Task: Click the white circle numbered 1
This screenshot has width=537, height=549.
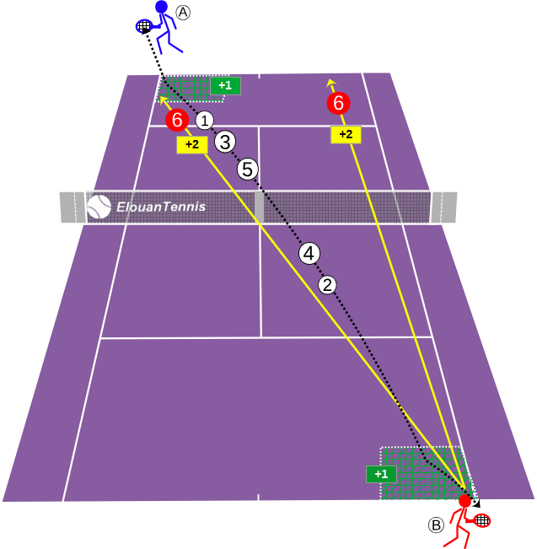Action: (205, 121)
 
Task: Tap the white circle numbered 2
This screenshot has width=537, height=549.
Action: (327, 285)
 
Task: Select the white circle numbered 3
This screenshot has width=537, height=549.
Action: (225, 143)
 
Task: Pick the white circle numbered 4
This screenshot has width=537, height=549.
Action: (309, 254)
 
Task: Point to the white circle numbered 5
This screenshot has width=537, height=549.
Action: (248, 170)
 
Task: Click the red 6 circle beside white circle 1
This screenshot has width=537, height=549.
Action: (177, 120)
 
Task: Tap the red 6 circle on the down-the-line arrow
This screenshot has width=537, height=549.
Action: (339, 103)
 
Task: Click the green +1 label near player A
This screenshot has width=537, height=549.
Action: (225, 86)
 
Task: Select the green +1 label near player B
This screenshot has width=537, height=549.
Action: (382, 474)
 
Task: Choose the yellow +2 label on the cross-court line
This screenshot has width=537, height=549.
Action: (192, 144)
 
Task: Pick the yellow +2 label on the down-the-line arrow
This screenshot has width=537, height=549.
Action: (346, 134)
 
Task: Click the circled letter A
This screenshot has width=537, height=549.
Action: (183, 13)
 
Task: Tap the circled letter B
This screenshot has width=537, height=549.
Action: (436, 525)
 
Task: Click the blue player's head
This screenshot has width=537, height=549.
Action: (161, 7)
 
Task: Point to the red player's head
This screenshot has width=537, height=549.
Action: (465, 501)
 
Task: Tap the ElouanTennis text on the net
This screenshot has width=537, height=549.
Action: (161, 207)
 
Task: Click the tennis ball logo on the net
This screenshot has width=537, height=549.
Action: (99, 207)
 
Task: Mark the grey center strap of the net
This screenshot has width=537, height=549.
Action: (259, 207)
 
